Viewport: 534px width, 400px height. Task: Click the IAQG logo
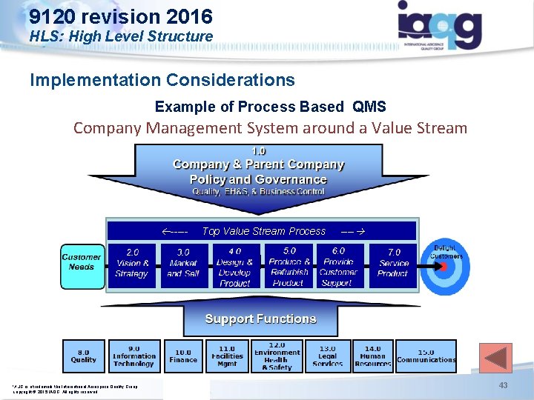click(x=440, y=25)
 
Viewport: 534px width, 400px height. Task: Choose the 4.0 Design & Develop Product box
click(x=235, y=266)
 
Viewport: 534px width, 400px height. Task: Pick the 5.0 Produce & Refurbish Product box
click(x=289, y=266)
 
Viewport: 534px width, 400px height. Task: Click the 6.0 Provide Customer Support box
click(x=338, y=266)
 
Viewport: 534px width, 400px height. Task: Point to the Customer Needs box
click(x=82, y=261)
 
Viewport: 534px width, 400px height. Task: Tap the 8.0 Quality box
click(x=84, y=356)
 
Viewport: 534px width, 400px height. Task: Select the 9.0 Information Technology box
click(x=134, y=356)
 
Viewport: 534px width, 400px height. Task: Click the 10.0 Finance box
click(x=183, y=356)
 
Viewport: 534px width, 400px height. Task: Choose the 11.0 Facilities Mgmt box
click(x=227, y=356)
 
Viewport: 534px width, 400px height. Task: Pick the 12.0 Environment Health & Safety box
click(x=277, y=356)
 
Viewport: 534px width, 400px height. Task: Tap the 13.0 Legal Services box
click(x=327, y=356)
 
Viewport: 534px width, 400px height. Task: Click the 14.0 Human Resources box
click(x=372, y=356)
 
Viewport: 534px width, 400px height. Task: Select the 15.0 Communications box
click(x=426, y=356)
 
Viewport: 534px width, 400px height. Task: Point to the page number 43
click(x=503, y=386)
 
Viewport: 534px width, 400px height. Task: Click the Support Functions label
click(x=260, y=319)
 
